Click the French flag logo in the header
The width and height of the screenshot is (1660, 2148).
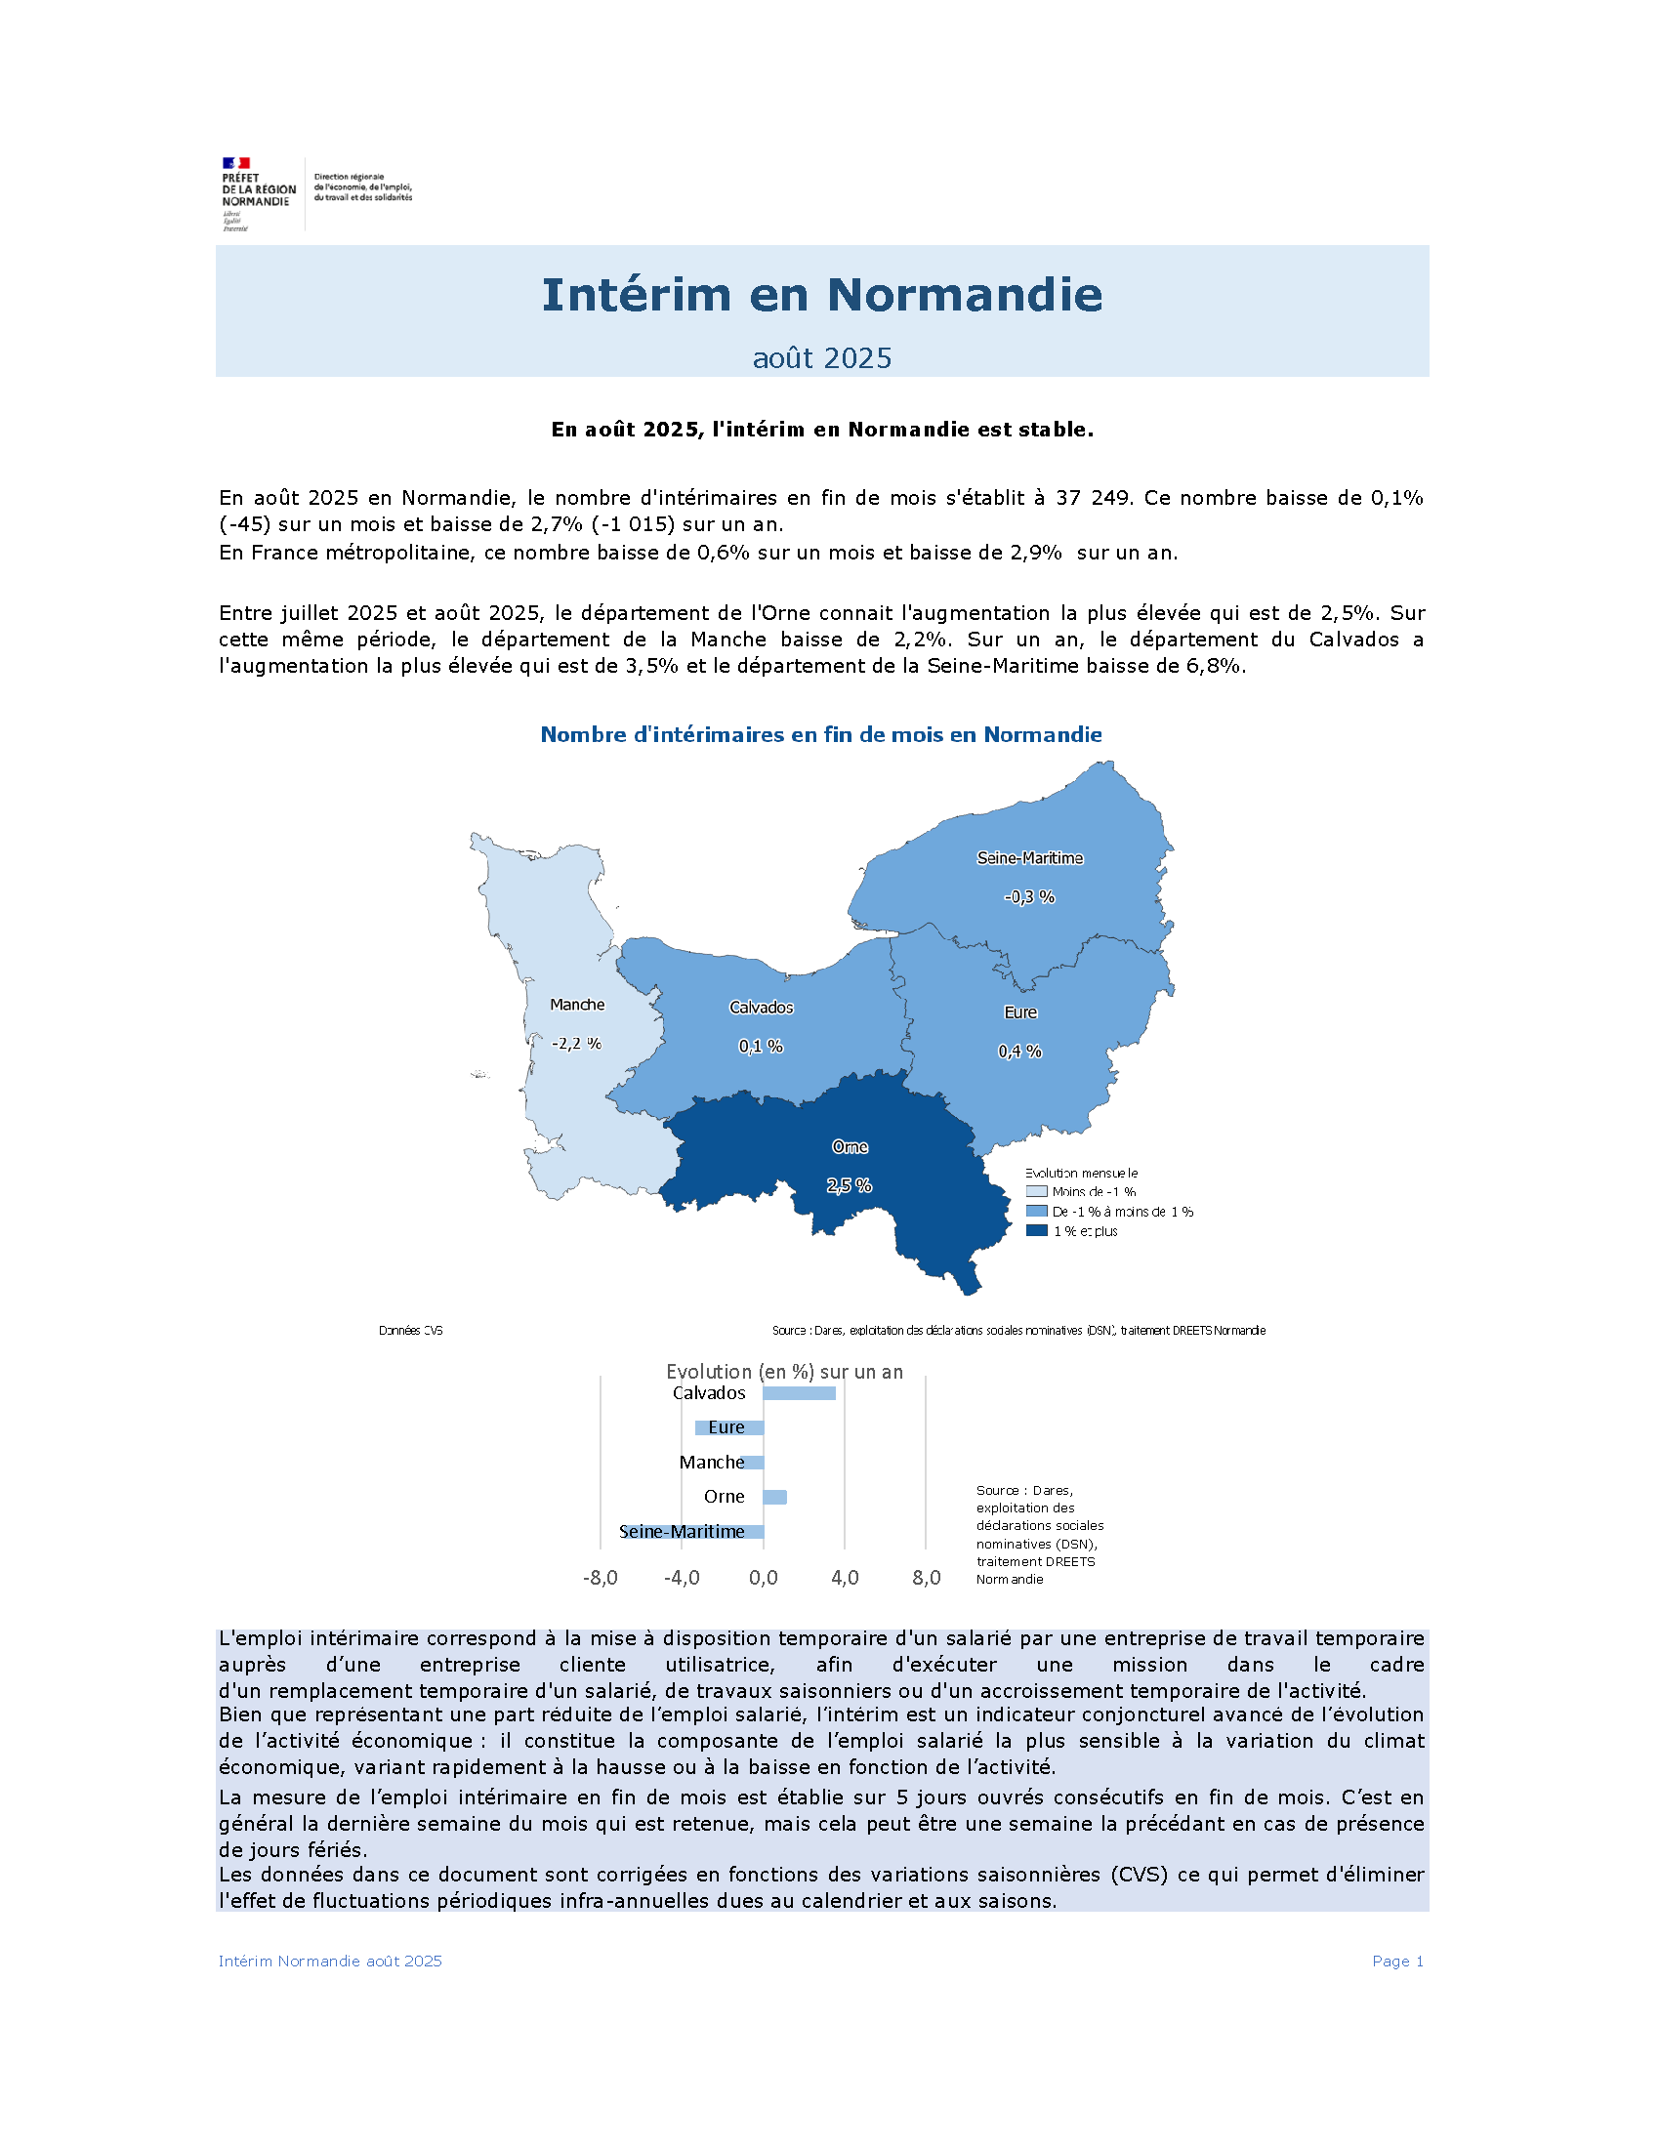point(235,163)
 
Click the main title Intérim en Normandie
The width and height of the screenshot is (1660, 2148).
point(821,294)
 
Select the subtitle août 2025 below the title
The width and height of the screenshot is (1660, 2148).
point(821,358)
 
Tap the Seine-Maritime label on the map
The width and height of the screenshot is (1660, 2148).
point(1029,857)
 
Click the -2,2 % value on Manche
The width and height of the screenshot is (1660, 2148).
point(576,1044)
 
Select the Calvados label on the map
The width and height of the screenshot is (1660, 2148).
point(762,1008)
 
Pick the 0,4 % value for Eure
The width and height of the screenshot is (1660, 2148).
point(1019,1052)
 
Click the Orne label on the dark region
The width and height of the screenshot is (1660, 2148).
point(850,1147)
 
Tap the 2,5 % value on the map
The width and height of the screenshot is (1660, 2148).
point(849,1186)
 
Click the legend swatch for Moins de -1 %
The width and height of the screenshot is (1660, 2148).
point(1036,1191)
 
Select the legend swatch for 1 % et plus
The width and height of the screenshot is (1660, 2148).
point(1036,1230)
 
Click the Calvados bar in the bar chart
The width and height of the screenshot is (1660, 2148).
point(799,1392)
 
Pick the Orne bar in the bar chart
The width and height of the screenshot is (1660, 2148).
point(775,1497)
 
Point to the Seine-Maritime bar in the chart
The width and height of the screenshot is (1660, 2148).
point(692,1531)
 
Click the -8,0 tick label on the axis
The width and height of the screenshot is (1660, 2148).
point(600,1579)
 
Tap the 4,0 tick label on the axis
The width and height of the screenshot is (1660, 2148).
point(844,1579)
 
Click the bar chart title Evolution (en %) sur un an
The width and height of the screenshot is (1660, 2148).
point(784,1371)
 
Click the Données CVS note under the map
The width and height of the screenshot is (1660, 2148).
point(411,1331)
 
